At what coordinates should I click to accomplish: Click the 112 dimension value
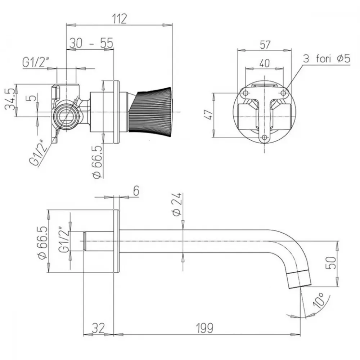pyautogui.click(x=120, y=19)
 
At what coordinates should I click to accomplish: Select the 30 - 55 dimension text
pyautogui.click(x=91, y=43)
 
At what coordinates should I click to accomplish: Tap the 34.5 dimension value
pyautogui.click(x=10, y=100)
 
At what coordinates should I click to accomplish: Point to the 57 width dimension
pyautogui.click(x=265, y=45)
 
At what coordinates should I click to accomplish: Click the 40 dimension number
pyautogui.click(x=265, y=63)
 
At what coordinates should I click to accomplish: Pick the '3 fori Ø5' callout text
pyautogui.click(x=327, y=59)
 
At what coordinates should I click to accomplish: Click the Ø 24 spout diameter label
pyautogui.click(x=177, y=204)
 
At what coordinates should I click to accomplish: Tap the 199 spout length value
pyautogui.click(x=205, y=328)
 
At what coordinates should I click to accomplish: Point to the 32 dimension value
pyautogui.click(x=99, y=328)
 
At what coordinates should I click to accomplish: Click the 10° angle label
pyautogui.click(x=319, y=300)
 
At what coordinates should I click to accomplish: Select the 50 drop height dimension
pyautogui.click(x=331, y=263)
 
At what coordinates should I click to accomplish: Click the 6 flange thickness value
pyautogui.click(x=136, y=191)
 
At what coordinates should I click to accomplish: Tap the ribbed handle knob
pyautogui.click(x=150, y=112)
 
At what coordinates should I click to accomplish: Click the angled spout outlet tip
pyautogui.click(x=300, y=279)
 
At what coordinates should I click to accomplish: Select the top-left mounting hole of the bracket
pyautogui.click(x=246, y=93)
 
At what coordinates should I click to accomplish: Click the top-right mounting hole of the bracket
pyautogui.click(x=284, y=93)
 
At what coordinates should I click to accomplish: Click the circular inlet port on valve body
pyautogui.click(x=67, y=114)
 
